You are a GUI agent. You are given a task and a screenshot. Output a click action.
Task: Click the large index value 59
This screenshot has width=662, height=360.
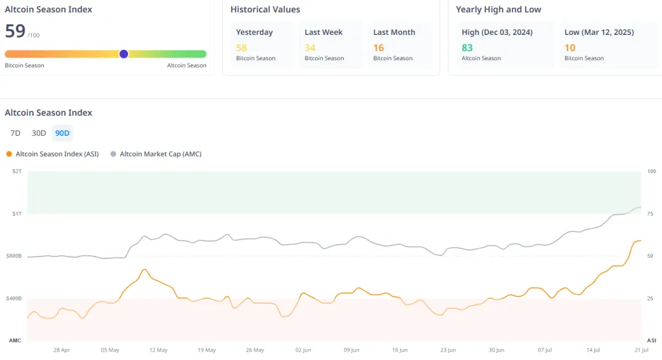point(15,31)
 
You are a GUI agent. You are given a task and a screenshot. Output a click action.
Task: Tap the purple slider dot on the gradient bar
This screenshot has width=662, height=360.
point(123,54)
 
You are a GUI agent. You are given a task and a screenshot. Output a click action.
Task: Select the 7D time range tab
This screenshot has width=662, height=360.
point(16,133)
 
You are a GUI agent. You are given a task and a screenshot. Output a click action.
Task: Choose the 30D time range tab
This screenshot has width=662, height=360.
point(39,133)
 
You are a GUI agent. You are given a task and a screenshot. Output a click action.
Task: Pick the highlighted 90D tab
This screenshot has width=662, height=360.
point(63,133)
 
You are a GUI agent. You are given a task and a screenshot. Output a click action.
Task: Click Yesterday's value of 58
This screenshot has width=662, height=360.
point(241,48)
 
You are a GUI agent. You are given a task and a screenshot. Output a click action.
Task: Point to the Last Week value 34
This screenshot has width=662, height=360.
point(310,48)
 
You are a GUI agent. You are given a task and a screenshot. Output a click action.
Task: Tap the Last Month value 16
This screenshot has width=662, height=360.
point(378,48)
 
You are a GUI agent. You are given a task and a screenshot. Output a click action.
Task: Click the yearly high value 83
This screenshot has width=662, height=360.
point(467,48)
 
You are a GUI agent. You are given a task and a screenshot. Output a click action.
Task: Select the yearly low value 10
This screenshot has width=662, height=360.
point(570,48)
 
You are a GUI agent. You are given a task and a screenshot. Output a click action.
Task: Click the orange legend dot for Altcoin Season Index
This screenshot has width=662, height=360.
point(8,154)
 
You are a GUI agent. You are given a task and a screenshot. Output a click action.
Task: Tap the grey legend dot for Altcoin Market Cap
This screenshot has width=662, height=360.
point(113,154)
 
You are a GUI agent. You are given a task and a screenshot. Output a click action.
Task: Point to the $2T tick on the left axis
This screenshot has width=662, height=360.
point(16,171)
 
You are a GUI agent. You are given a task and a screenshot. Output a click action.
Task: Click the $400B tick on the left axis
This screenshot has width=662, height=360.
point(14,299)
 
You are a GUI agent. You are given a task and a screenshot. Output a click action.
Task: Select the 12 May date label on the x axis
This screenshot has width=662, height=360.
point(158,350)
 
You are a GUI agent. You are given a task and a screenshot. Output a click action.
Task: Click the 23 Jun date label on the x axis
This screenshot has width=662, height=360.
point(447,350)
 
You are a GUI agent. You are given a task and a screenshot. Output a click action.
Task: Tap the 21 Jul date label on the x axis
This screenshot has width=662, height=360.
point(641,350)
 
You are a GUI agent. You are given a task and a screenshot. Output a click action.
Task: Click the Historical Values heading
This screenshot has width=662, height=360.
point(265,10)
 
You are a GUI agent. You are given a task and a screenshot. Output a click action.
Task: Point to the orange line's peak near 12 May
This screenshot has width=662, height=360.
point(144,270)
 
